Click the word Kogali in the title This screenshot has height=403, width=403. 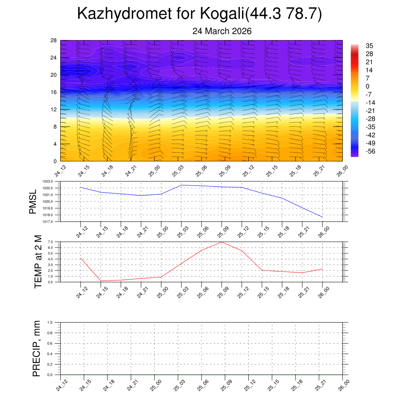pyautogui.click(x=223, y=14)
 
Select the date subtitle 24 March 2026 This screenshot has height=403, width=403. pyautogui.click(x=222, y=31)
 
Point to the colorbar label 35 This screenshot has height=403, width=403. pyautogui.click(x=370, y=46)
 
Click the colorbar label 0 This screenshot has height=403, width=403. pyautogui.click(x=368, y=87)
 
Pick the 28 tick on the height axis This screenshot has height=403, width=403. pyautogui.click(x=54, y=40)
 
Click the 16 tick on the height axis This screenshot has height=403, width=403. pyautogui.click(x=54, y=92)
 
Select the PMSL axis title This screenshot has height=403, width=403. pyautogui.click(x=33, y=201)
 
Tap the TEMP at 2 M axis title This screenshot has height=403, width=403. pyautogui.click(x=38, y=261)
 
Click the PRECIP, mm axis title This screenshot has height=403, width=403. pyautogui.click(x=37, y=348)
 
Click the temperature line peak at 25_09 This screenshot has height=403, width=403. pyautogui.click(x=222, y=242)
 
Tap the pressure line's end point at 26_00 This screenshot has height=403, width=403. pyautogui.click(x=322, y=217)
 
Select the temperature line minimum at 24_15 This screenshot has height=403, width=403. pyautogui.click(x=101, y=281)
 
